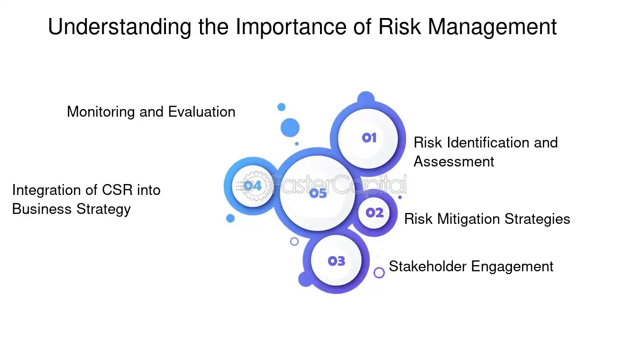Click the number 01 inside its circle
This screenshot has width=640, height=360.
[x=369, y=138]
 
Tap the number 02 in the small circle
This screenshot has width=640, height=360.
[x=375, y=213]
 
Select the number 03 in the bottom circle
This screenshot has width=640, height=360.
[x=336, y=261]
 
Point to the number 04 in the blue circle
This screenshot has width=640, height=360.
[x=253, y=186]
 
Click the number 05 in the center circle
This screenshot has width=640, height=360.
[x=318, y=194]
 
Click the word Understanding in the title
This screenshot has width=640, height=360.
[x=120, y=27]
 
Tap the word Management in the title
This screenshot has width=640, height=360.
[x=492, y=27]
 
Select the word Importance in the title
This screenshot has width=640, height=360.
[x=291, y=27]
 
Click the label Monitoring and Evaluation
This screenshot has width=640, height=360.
[x=151, y=112]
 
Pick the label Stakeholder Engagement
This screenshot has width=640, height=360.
[x=471, y=267]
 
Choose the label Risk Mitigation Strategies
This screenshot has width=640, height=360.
[x=487, y=219]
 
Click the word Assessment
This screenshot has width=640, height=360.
[x=454, y=162]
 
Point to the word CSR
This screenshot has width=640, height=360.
[x=117, y=190]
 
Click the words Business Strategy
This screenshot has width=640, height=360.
[x=72, y=209]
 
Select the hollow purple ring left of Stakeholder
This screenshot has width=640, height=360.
[x=379, y=273]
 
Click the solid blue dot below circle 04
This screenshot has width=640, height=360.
[x=230, y=219]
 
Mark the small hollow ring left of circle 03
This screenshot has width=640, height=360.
[x=294, y=241]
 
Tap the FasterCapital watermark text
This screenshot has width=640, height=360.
[x=338, y=185]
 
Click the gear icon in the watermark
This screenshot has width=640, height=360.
[x=256, y=186]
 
